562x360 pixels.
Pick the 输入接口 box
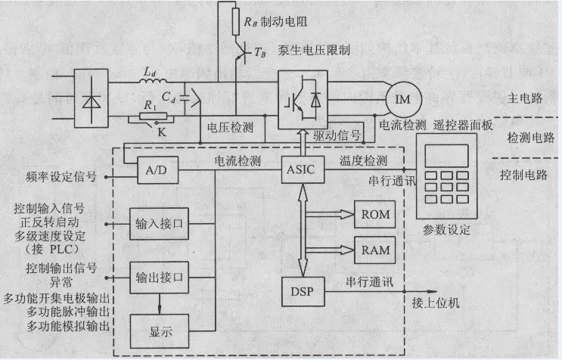tap(159, 225)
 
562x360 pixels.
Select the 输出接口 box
tap(159, 277)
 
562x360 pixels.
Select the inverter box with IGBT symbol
tap(303, 98)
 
